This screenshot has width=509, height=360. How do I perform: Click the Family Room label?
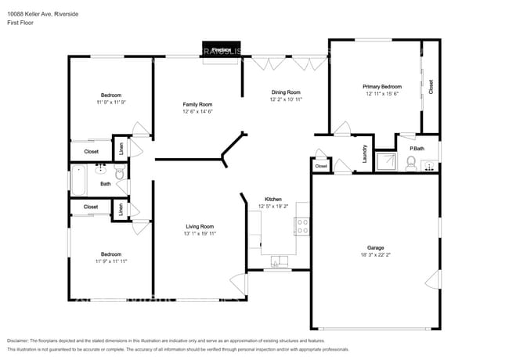[197, 104]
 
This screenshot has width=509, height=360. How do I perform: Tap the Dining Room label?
[286, 92]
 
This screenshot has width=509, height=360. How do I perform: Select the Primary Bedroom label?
[382, 86]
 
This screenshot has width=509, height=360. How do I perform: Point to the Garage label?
[376, 247]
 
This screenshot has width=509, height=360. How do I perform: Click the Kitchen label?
[273, 199]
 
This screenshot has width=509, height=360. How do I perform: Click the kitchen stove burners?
[301, 227]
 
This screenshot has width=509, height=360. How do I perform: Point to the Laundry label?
[364, 153]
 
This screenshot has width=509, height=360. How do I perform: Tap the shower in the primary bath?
[386, 162]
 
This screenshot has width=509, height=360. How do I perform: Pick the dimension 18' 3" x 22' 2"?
[376, 255]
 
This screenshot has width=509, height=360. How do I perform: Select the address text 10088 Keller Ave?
[31, 13]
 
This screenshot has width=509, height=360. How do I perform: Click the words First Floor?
[21, 23]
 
